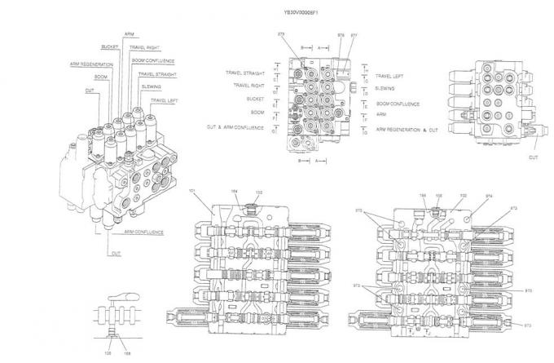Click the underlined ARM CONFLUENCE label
(x=143, y=232)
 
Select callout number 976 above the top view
(x=340, y=35)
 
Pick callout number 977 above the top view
(x=353, y=35)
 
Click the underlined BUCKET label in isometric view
(x=109, y=46)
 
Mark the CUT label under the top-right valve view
(x=534, y=157)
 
